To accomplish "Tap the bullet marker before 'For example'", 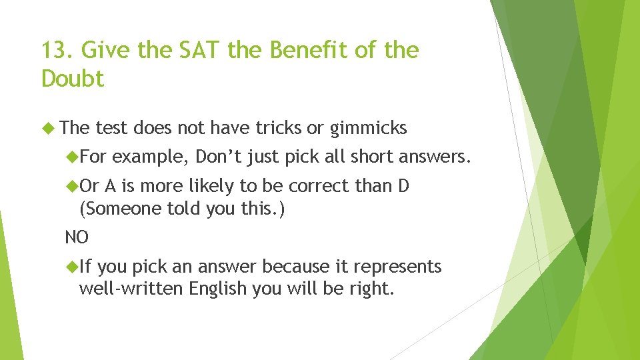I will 71,157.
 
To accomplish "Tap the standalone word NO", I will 76,237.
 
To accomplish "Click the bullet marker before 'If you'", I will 71,267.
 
